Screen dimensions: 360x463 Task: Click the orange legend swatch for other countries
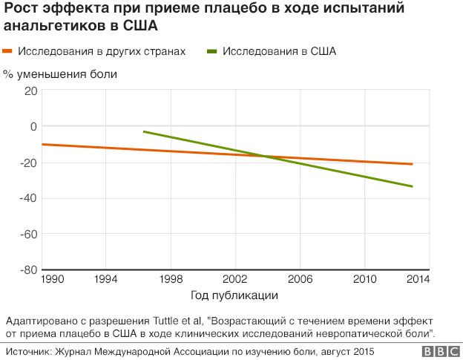10,52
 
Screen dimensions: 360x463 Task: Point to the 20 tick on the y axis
30,91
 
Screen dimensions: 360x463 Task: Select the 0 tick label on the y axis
33,126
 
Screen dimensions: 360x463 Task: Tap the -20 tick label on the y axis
28,163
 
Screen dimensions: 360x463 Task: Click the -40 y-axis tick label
28,198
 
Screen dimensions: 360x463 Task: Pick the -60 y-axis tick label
28,234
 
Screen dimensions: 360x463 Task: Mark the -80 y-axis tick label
28,269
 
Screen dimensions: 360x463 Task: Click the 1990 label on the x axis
53,280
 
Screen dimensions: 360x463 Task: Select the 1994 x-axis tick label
107,280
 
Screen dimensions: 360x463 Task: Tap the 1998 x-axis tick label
171,280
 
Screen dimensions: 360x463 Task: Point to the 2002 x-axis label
235,280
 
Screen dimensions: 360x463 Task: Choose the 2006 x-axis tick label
300,280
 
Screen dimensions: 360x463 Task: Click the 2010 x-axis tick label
364,280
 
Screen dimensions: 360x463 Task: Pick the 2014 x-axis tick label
418,280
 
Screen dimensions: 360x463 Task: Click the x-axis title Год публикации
234,295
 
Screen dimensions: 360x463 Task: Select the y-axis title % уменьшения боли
60,74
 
